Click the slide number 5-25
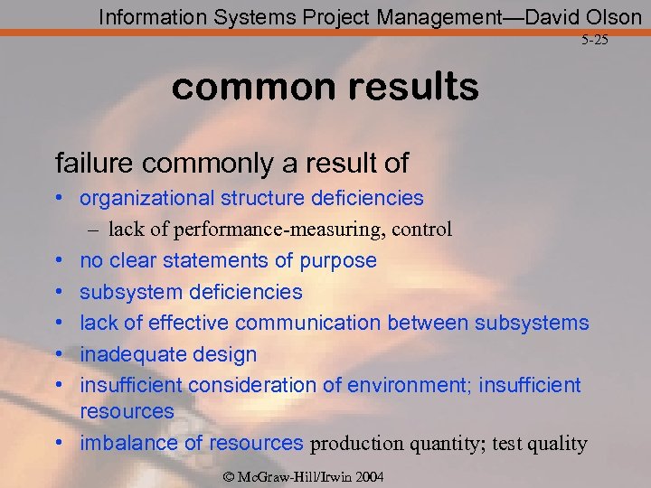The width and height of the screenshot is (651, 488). point(594,41)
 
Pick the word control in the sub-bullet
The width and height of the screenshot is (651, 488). point(422,230)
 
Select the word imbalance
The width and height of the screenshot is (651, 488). point(124,443)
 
